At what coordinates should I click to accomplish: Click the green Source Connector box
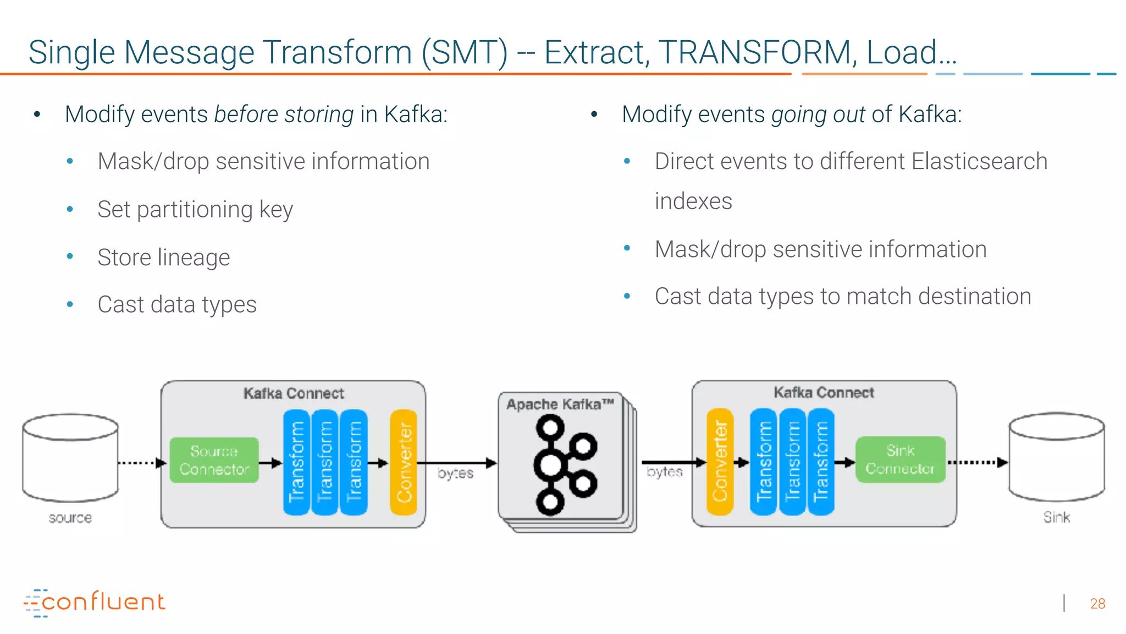pos(214,460)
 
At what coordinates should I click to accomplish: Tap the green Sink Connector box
pos(900,460)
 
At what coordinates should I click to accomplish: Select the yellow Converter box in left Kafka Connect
pos(404,462)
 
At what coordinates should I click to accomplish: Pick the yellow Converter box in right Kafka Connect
pos(720,462)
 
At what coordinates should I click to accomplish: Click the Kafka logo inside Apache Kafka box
pos(564,465)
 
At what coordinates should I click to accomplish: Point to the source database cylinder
pos(70,458)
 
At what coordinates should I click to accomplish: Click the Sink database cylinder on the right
pos(1056,457)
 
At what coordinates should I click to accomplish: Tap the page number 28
pos(1097,604)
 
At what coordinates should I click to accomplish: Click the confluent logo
pos(95,602)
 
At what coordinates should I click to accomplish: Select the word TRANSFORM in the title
pos(757,52)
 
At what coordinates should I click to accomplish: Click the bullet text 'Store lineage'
pos(163,257)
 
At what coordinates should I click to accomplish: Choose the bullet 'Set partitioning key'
pos(195,210)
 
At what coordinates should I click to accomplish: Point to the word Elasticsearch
pos(979,161)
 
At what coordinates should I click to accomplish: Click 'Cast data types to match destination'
pos(842,296)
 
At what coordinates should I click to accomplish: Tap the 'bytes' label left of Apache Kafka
pos(455,473)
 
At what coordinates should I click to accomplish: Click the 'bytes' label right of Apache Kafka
pos(664,472)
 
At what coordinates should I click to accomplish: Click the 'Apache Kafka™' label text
pos(560,405)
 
